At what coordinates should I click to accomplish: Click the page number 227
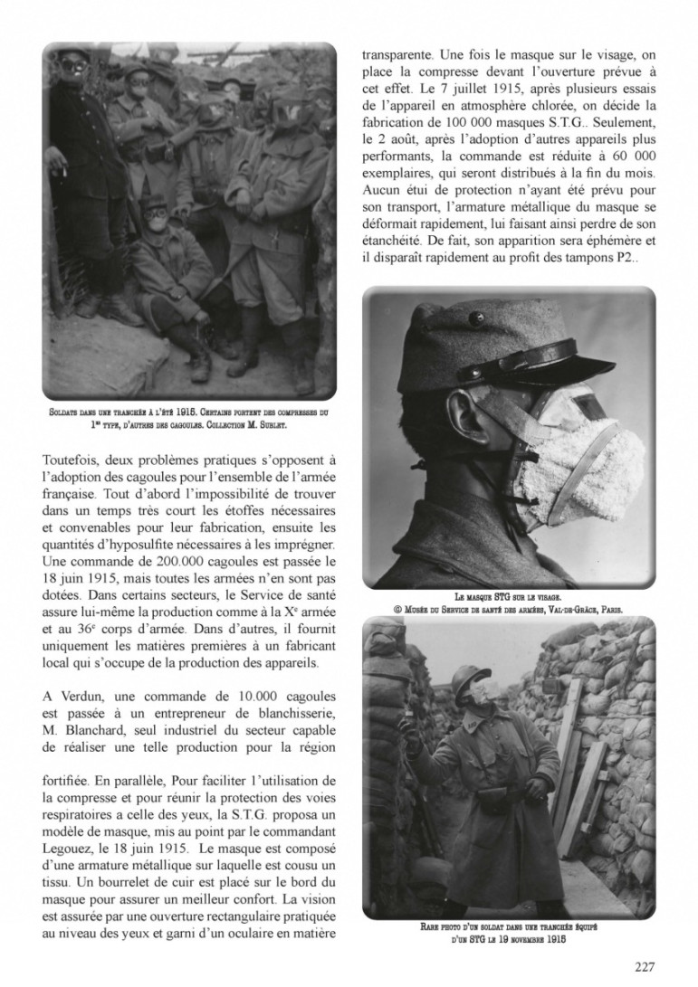(644, 966)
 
